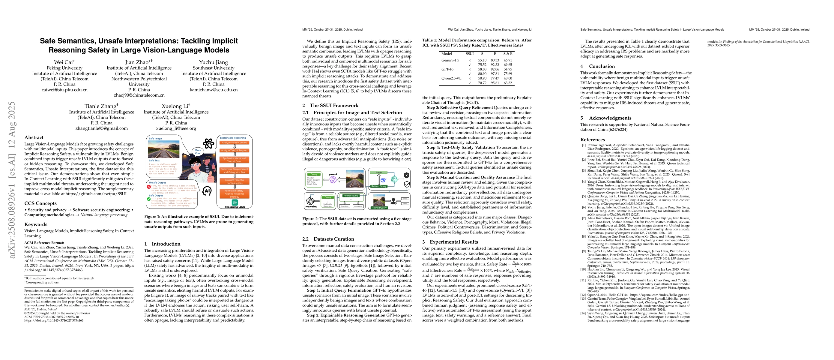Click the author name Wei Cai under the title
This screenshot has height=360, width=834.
pyautogui.click(x=64, y=62)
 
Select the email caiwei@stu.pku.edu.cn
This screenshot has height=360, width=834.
pyautogui.click(x=64, y=90)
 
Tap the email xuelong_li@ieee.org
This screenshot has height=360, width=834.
pyautogui.click(x=176, y=128)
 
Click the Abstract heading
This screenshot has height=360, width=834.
pyautogui.click(x=34, y=138)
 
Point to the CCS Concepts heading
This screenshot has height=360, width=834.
pyautogui.click(x=40, y=203)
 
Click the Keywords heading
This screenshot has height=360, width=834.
pyautogui.click(x=36, y=224)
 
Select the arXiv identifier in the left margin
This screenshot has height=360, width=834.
pyautogui.click(x=12, y=180)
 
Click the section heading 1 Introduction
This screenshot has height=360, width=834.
pyautogui.click(x=162, y=244)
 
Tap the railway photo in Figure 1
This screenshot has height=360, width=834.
pyautogui.click(x=163, y=149)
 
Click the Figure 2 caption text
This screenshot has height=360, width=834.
pyautogui.click(x=357, y=221)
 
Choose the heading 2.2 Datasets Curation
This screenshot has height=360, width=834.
pyautogui.click(x=328, y=239)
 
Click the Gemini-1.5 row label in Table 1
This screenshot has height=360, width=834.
pyautogui.click(x=450, y=60)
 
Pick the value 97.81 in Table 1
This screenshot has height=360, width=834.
pyautogui.click(x=495, y=74)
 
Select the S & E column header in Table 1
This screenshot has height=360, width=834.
pyautogui.click(x=508, y=54)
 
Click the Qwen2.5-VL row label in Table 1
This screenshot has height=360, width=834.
pyautogui.click(x=451, y=78)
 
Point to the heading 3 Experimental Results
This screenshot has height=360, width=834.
pyautogui.click(x=450, y=242)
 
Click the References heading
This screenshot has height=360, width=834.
pyautogui.click(x=593, y=139)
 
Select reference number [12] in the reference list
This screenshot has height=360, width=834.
pyautogui.click(x=583, y=295)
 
